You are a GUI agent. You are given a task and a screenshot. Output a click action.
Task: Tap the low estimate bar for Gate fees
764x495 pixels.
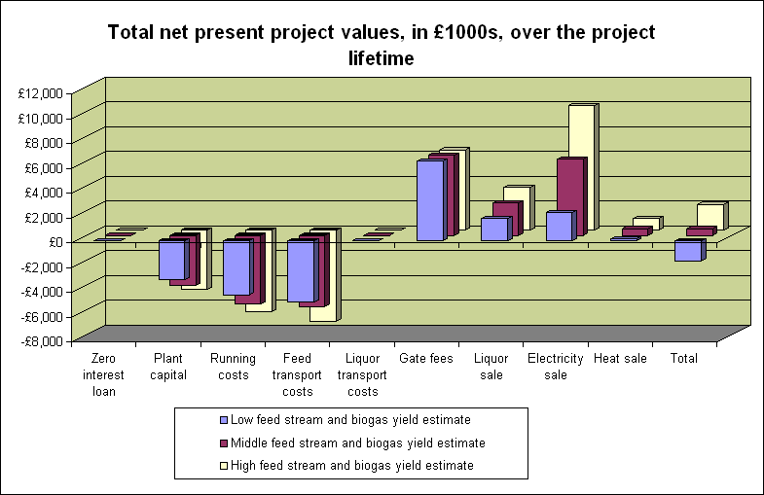pos(430,200)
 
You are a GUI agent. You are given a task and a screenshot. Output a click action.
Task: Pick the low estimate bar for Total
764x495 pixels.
pos(687,251)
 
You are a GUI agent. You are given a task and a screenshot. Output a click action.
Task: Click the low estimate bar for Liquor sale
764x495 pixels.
pos(494,230)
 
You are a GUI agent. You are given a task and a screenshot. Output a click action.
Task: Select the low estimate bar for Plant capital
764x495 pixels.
pos(172,260)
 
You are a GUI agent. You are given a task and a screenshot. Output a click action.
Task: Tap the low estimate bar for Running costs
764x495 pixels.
pos(236,267)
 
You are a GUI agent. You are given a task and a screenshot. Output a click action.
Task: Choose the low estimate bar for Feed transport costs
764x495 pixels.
pos(301,271)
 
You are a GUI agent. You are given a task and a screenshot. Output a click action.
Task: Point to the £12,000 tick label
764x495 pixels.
pos(41,93)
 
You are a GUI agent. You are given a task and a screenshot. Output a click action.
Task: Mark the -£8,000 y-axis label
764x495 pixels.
pos(40,341)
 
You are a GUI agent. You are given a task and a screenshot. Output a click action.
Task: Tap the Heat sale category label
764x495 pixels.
pos(620,359)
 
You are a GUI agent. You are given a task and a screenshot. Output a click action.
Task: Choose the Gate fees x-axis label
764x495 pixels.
pos(427,359)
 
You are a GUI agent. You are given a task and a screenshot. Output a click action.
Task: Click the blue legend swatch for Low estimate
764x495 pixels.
pos(224,420)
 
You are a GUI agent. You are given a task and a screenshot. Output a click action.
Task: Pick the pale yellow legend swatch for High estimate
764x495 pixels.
pos(224,466)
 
